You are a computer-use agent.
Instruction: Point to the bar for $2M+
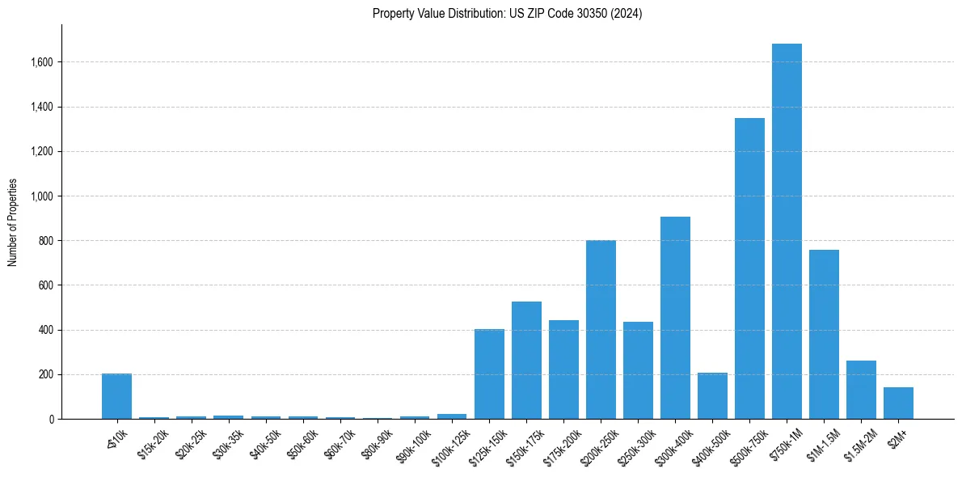tap(898, 403)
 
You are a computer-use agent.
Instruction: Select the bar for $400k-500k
tap(712, 395)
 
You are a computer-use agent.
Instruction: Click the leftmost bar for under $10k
tap(116, 396)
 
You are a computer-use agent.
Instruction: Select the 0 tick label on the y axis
tap(52, 420)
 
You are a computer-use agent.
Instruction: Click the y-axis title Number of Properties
tap(12, 222)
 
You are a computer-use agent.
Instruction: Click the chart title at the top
tap(507, 14)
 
